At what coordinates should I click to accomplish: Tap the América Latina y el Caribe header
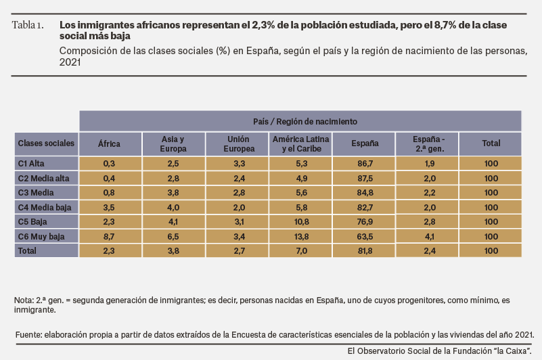click(300, 144)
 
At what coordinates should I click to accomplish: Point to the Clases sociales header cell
click(46, 144)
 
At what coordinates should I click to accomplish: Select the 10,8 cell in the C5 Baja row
click(300, 222)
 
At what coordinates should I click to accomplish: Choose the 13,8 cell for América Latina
click(300, 237)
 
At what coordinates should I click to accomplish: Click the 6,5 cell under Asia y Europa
click(173, 237)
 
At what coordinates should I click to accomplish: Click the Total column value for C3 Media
click(491, 193)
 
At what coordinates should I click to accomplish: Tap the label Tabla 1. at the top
click(28, 25)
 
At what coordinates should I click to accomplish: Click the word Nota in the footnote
click(23, 300)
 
